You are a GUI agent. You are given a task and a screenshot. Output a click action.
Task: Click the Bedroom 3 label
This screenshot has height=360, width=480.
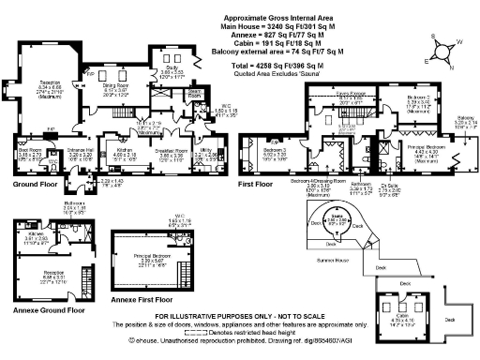point(274,150)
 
